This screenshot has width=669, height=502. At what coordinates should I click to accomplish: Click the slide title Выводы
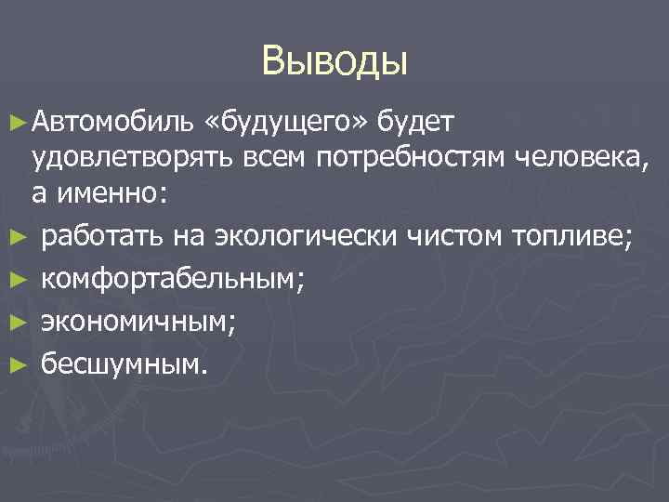[334, 60]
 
